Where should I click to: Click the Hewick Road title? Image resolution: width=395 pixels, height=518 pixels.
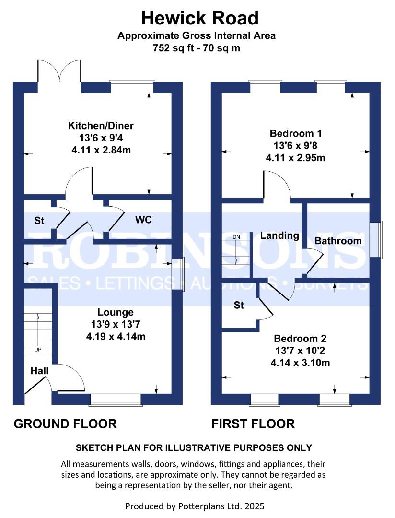(200, 18)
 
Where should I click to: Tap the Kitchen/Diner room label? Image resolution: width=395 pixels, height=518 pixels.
(101, 126)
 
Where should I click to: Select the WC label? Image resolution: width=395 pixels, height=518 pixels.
(143, 220)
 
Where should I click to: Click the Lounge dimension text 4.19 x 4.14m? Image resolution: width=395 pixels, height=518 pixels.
(116, 337)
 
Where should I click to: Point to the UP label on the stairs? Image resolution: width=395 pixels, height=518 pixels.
(38, 350)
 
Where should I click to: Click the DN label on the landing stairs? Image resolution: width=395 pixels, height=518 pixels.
(236, 237)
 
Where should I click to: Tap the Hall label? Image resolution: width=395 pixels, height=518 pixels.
(40, 371)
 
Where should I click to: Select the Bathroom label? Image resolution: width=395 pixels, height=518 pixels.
(338, 241)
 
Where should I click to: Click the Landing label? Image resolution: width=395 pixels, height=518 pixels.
(280, 235)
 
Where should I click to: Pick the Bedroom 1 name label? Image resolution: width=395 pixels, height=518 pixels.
(296, 133)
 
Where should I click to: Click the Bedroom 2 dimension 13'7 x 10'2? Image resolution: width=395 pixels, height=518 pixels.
(300, 351)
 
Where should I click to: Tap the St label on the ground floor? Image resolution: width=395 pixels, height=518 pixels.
(39, 220)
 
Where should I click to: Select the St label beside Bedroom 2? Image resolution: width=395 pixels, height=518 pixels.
(239, 305)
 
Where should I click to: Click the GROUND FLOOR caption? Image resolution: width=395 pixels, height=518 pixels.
(65, 424)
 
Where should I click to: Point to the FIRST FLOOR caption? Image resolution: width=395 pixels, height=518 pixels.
(253, 424)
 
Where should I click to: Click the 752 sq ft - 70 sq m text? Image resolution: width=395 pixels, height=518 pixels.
(197, 48)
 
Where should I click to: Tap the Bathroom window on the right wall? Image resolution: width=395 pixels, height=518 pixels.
(376, 239)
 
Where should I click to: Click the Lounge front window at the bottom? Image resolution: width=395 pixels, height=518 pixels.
(116, 400)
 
